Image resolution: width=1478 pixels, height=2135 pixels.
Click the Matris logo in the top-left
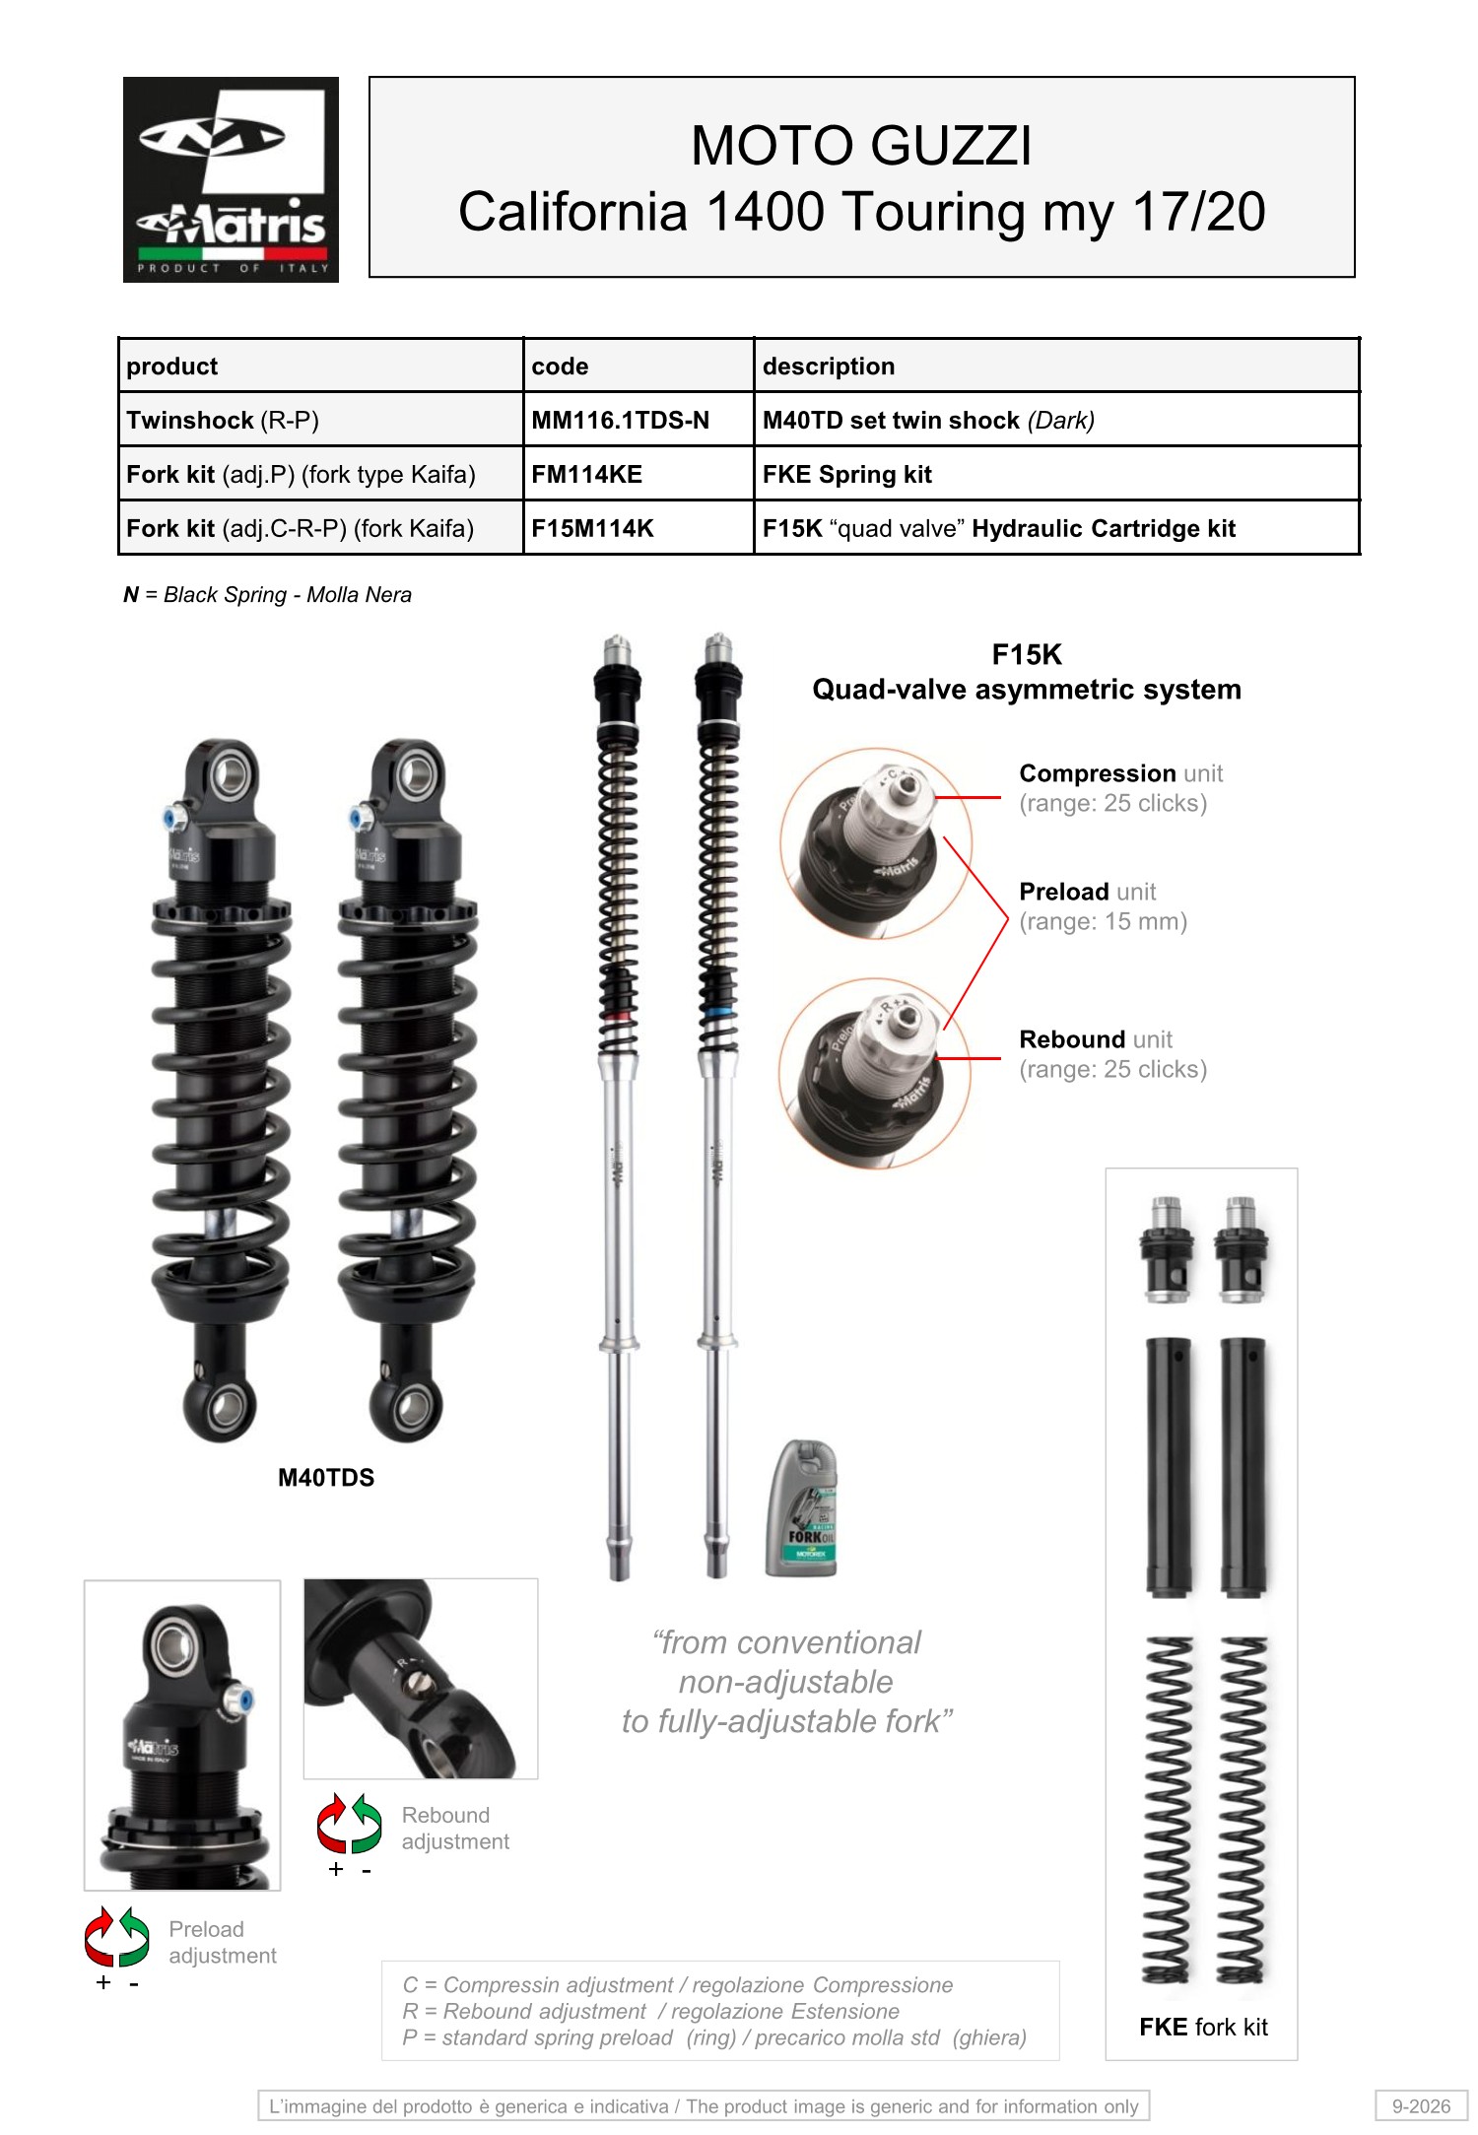pos(231,179)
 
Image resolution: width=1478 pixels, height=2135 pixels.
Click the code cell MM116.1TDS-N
pos(620,421)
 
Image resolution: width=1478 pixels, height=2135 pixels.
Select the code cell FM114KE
pos(586,475)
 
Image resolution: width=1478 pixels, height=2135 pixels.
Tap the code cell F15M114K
pos(592,529)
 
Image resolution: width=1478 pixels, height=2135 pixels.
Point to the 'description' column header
pos(829,367)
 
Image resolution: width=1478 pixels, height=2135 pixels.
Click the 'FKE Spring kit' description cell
pos(846,475)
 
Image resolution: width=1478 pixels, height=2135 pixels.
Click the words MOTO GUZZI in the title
pos(861,146)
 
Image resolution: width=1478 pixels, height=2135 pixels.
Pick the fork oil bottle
pos(802,1507)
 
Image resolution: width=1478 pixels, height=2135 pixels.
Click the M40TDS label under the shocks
pos(326,1478)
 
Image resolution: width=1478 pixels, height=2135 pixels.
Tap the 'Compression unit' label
pos(1120,773)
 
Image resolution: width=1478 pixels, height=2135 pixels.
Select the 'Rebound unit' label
pos(1096,1039)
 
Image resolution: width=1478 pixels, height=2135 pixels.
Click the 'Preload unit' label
pos(1088,892)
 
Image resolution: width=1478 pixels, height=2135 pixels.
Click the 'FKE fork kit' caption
pos(1203,2027)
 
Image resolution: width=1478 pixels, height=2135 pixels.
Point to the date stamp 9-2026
pos(1421,2106)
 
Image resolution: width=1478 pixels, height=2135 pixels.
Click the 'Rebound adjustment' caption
pos(455,1829)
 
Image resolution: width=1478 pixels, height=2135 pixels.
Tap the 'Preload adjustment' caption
pos(223,1943)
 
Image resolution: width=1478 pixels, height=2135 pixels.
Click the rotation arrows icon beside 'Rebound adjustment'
pos(349,1824)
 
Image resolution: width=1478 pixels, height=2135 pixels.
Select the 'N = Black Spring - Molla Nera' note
pos(267,595)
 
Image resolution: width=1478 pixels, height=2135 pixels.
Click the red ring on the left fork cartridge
pos(617,1014)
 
